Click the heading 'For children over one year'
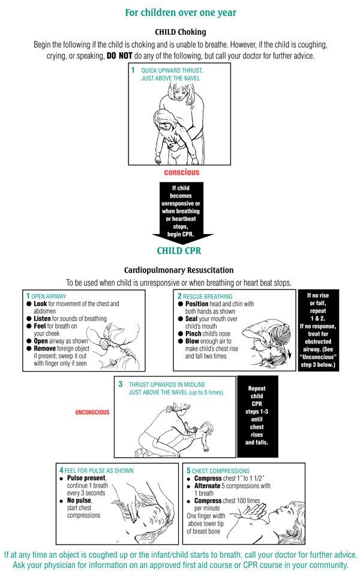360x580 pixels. pyautogui.click(x=180, y=13)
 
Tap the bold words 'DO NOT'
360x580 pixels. pyautogui.click(x=125, y=55)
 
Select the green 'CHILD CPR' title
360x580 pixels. pyautogui.click(x=179, y=250)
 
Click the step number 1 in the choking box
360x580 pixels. pyautogui.click(x=133, y=70)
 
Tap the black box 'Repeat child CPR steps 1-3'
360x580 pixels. pyautogui.click(x=257, y=414)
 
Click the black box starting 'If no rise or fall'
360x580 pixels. pyautogui.click(x=318, y=330)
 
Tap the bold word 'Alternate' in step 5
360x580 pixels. pyautogui.click(x=211, y=486)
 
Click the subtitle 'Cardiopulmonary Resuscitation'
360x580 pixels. pyautogui.click(x=179, y=270)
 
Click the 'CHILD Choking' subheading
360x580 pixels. pyautogui.click(x=180, y=32)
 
